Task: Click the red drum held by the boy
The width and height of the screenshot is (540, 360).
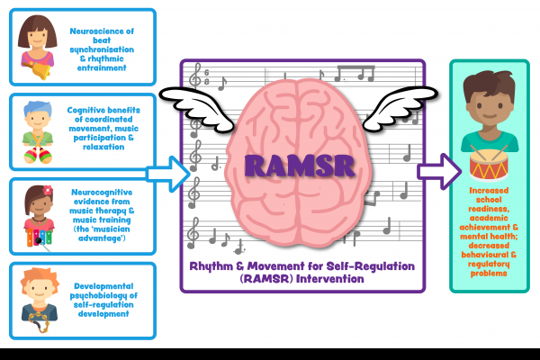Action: tap(490, 166)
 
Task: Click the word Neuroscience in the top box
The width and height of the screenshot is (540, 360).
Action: tap(100, 29)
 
